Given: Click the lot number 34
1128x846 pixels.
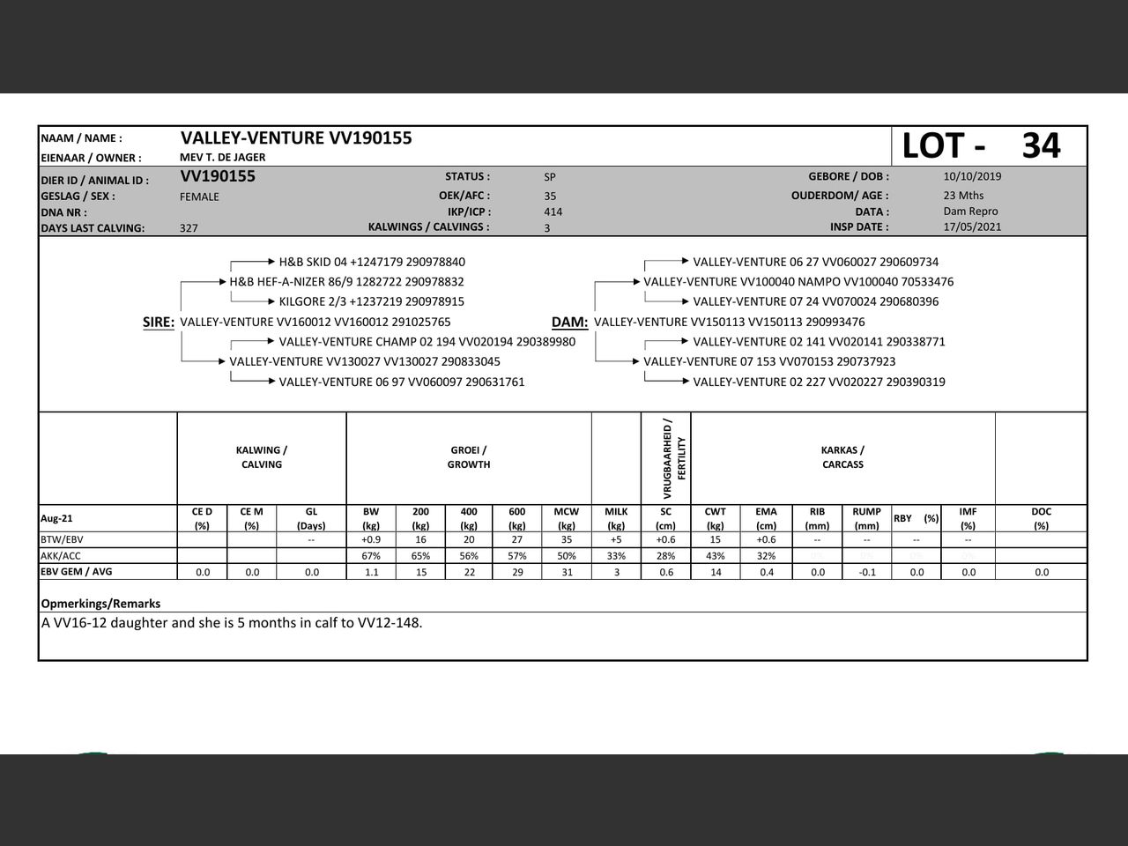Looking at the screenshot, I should pyautogui.click(x=1041, y=146).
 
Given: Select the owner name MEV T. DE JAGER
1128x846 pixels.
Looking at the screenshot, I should pyautogui.click(x=222, y=157).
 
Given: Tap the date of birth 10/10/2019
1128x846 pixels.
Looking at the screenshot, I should pyautogui.click(x=972, y=176).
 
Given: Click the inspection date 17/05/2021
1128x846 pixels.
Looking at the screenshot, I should pyautogui.click(x=972, y=226).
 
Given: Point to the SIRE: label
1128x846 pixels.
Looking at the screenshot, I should pyautogui.click(x=159, y=323).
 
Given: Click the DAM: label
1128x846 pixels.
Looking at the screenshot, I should pyautogui.click(x=569, y=323).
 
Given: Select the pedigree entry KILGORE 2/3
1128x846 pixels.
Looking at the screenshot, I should pyautogui.click(x=371, y=301).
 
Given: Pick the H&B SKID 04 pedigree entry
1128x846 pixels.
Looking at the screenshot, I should pyautogui.click(x=371, y=262).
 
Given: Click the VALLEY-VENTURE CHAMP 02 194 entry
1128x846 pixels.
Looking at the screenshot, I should pyautogui.click(x=427, y=342).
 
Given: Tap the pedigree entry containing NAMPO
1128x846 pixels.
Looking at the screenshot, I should pyautogui.click(x=798, y=282).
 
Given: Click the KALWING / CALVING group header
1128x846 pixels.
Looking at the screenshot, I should pyautogui.click(x=262, y=457).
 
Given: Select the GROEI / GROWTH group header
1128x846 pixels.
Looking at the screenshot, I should pyautogui.click(x=469, y=457).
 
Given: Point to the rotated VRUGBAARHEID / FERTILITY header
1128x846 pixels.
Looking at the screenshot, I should pyautogui.click(x=674, y=458).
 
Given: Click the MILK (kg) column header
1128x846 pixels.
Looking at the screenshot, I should pyautogui.click(x=616, y=518).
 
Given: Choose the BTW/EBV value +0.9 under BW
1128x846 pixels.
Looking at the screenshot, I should pyautogui.click(x=371, y=539).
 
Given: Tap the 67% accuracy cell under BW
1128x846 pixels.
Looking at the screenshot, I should pyautogui.click(x=371, y=556).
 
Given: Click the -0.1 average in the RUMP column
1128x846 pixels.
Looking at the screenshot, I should pyautogui.click(x=866, y=572).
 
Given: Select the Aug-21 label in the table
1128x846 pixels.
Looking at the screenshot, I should pyautogui.click(x=56, y=518).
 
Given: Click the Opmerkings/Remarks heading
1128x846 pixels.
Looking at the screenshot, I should pyautogui.click(x=100, y=604).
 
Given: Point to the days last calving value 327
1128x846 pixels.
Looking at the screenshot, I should pyautogui.click(x=189, y=228).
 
